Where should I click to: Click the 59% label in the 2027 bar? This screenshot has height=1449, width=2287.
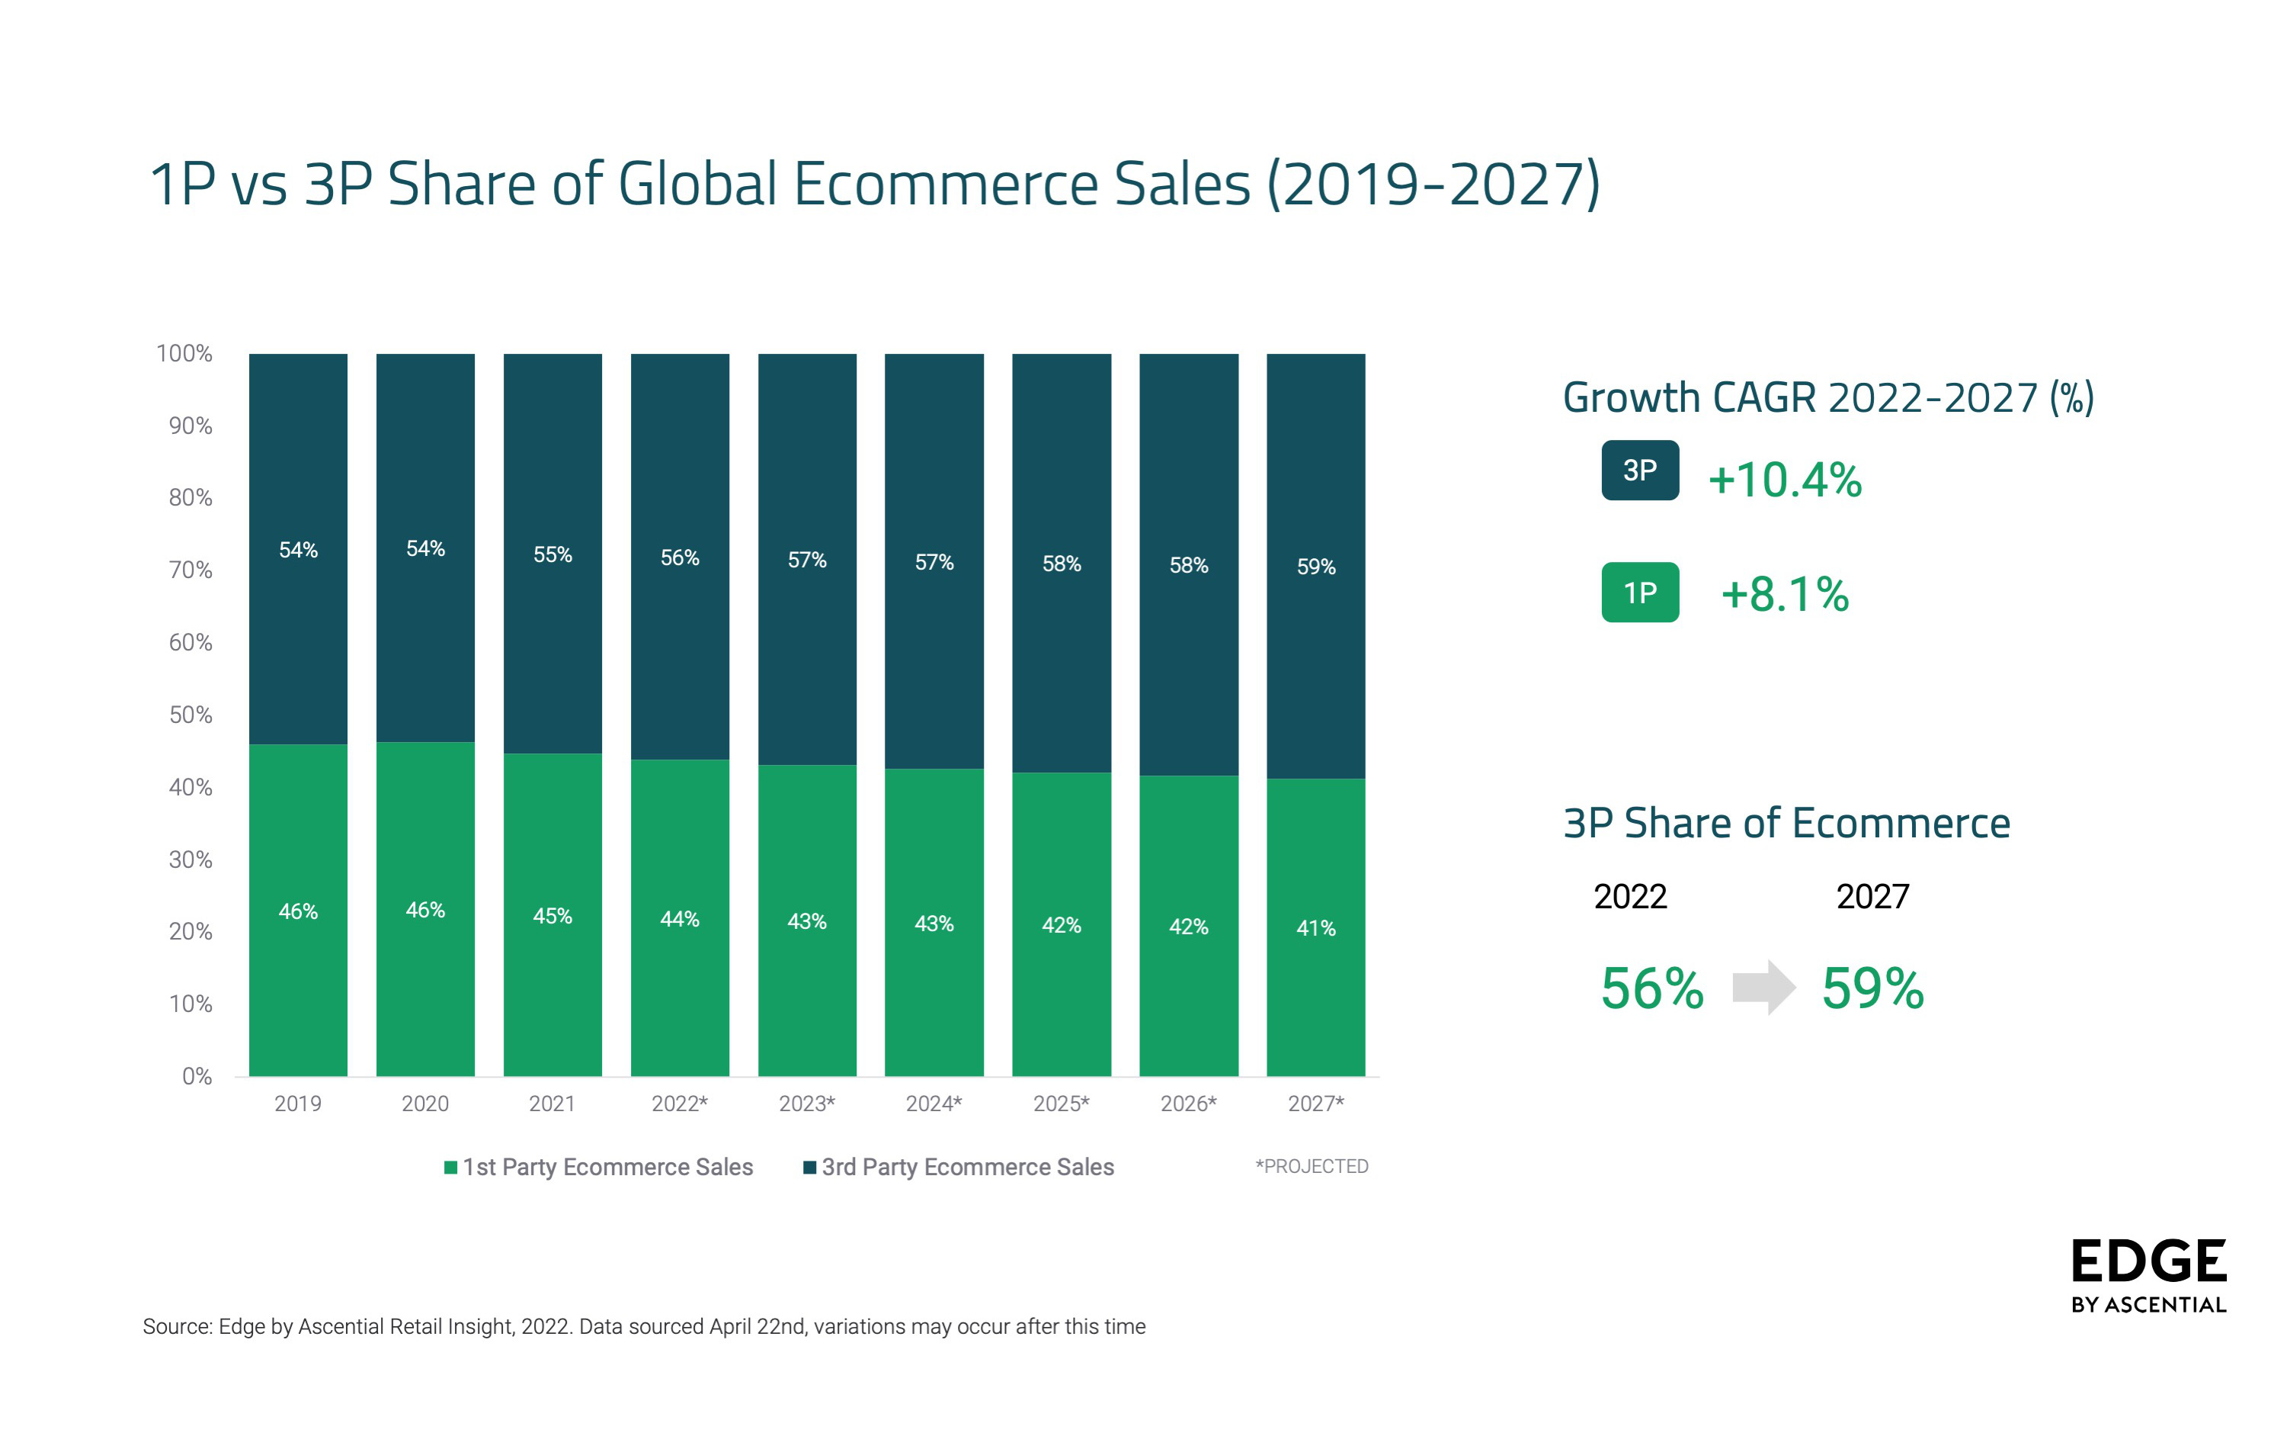1315,567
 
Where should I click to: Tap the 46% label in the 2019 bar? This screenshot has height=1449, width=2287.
297,912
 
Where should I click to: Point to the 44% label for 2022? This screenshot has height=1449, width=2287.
679,920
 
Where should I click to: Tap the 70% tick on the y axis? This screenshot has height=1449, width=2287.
190,570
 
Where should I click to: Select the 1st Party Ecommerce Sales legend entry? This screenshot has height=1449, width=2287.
598,1168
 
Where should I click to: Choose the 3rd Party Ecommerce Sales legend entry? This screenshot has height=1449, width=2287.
959,1168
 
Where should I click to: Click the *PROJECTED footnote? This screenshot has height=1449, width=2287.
1312,1167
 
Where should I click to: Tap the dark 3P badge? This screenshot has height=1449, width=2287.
1639,471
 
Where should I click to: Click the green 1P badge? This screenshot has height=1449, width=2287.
1639,593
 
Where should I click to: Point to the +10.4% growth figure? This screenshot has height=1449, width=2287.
1785,480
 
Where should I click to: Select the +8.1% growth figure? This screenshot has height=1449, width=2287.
1785,595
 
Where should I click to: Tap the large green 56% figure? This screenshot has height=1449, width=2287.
1651,989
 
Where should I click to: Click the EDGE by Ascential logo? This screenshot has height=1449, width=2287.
2148,1276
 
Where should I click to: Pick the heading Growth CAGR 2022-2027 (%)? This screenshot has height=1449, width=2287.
1828,398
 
